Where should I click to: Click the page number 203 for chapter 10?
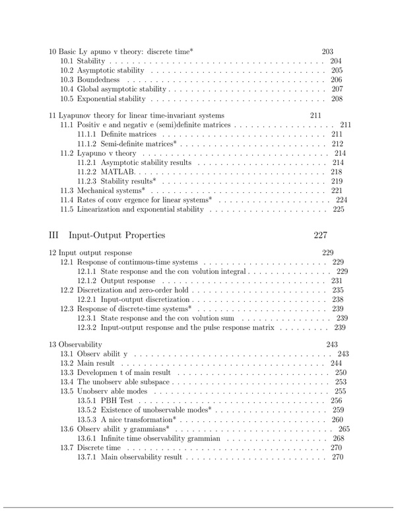click(x=327, y=51)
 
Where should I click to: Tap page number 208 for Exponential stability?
click(x=337, y=99)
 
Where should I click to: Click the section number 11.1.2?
click(x=87, y=143)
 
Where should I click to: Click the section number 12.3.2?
click(x=87, y=327)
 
